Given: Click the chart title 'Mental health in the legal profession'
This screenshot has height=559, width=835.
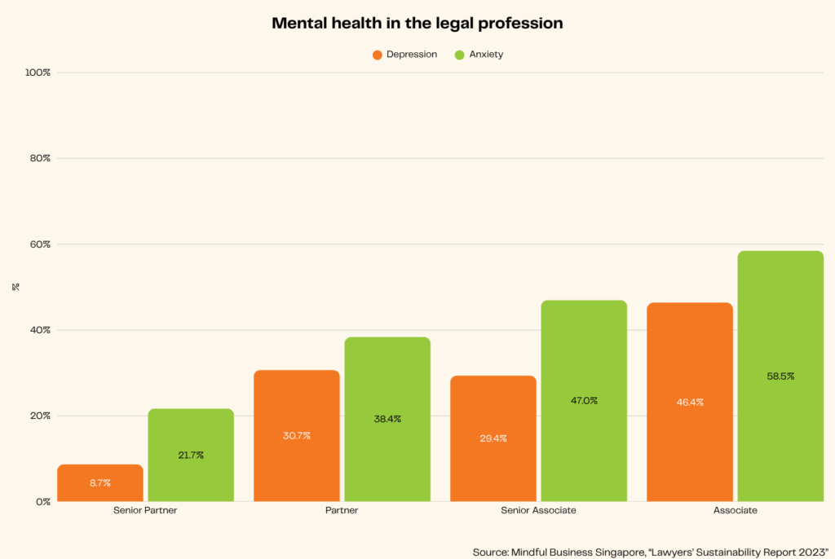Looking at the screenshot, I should pos(417,24).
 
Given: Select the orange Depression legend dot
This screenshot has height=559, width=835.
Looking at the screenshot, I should pos(378,55).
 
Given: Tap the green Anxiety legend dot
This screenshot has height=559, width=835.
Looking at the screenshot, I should pos(458,55).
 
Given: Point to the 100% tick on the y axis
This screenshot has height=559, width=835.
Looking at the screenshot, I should pos(38,73).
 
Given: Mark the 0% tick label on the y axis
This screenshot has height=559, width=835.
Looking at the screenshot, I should pos(42,502).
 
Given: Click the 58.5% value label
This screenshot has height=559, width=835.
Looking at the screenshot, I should pos(780,376).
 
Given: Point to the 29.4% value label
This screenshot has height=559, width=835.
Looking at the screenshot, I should pos(493,438).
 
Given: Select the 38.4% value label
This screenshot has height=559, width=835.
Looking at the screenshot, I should pos(387,419).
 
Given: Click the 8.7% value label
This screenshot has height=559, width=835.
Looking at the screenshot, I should pos(100,483).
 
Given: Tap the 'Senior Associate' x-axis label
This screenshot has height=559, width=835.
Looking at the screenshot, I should pos(538,511).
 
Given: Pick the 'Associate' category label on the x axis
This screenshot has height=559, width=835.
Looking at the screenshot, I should pos(735,511).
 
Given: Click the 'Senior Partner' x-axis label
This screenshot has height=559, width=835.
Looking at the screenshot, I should pos(145,511).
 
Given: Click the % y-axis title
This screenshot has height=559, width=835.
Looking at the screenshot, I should pos(15,287).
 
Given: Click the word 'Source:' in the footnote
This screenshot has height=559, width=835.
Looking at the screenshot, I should pos(489,552).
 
